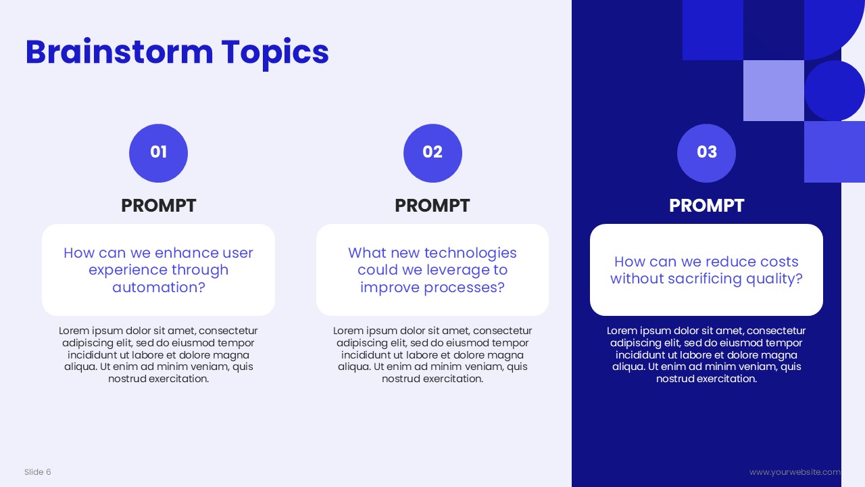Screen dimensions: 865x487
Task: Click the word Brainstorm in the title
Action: (x=120, y=52)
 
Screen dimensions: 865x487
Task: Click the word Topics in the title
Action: (x=275, y=54)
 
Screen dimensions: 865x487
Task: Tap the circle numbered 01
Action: (x=158, y=153)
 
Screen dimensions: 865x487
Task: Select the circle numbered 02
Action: (x=432, y=153)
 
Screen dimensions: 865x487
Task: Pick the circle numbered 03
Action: (x=706, y=153)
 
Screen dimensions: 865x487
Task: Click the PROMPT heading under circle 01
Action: (x=158, y=206)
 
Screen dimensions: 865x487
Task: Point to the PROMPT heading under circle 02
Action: (x=432, y=206)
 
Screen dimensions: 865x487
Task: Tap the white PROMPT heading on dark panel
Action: (x=706, y=206)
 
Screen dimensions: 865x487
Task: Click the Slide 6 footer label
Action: (x=37, y=472)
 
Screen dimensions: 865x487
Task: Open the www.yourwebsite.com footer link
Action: (x=795, y=472)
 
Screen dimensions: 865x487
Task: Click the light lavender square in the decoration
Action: (x=774, y=91)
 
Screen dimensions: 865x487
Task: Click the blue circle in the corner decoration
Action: (x=834, y=91)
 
